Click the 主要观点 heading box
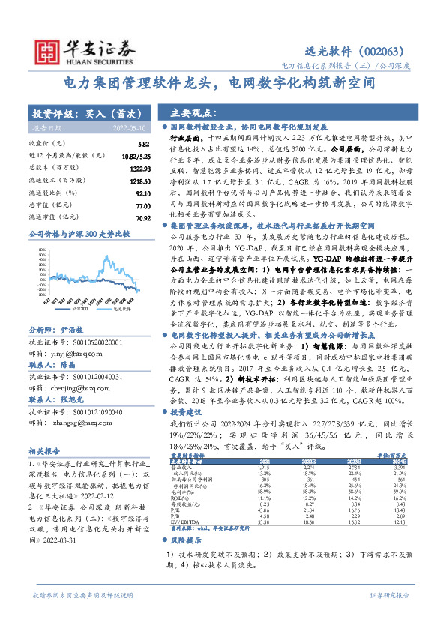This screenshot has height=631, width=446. [195, 113]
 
